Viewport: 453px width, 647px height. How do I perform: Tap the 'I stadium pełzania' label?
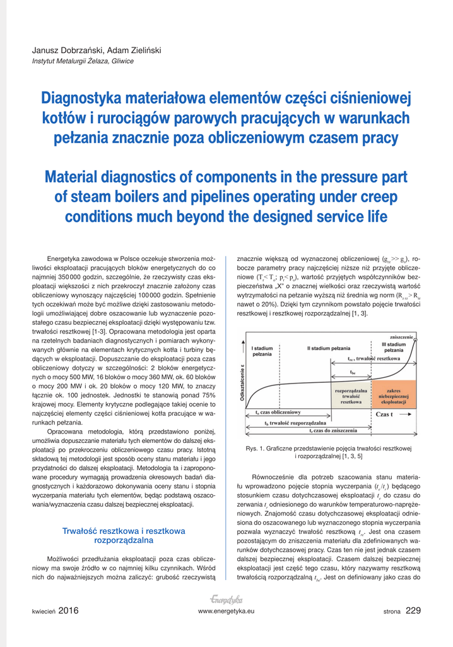[262, 351]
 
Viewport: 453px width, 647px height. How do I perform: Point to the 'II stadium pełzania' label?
[329, 348]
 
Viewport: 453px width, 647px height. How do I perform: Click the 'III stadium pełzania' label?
[394, 347]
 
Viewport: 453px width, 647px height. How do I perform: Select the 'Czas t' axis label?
[385, 414]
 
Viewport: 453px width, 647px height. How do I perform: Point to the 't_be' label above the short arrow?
[352, 372]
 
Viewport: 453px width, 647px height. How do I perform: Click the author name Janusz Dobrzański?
[68, 51]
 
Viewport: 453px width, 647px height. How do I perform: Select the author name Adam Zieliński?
[134, 51]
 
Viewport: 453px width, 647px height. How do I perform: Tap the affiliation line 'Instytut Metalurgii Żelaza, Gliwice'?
[83, 61]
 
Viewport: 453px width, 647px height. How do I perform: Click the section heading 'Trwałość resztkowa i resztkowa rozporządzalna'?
[123, 536]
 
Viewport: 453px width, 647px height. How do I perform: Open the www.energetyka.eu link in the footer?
[226, 611]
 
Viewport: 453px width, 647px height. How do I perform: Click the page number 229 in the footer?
[413, 610]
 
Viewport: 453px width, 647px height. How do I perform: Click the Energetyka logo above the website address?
[226, 599]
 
